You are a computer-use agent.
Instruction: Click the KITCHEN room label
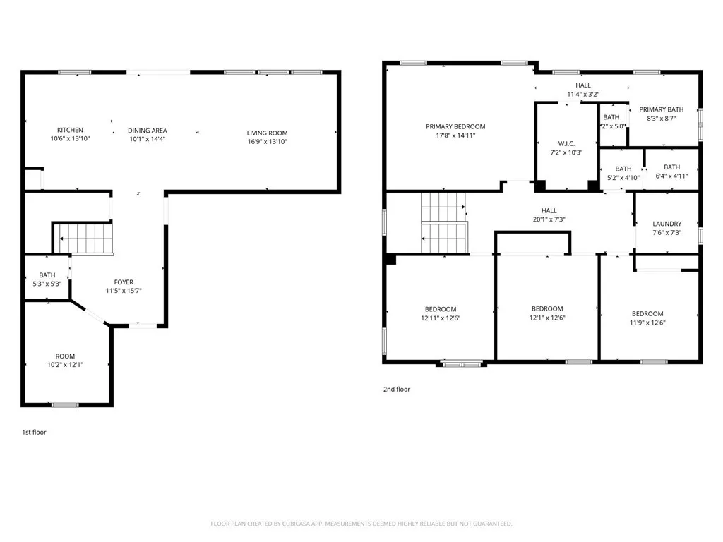[70, 130]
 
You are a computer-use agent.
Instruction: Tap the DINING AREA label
[147, 130]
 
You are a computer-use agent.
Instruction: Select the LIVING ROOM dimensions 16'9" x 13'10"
[267, 142]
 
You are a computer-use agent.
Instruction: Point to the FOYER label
[124, 282]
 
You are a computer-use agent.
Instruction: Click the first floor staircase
[84, 238]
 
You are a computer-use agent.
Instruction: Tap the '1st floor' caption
[34, 432]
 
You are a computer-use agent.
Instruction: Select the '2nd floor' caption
[396, 389]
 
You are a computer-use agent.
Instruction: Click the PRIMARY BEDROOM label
[455, 127]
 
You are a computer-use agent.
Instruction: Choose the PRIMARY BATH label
[662, 109]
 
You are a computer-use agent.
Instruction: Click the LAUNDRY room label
[667, 224]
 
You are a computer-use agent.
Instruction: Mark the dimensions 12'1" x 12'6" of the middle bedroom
[547, 318]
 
